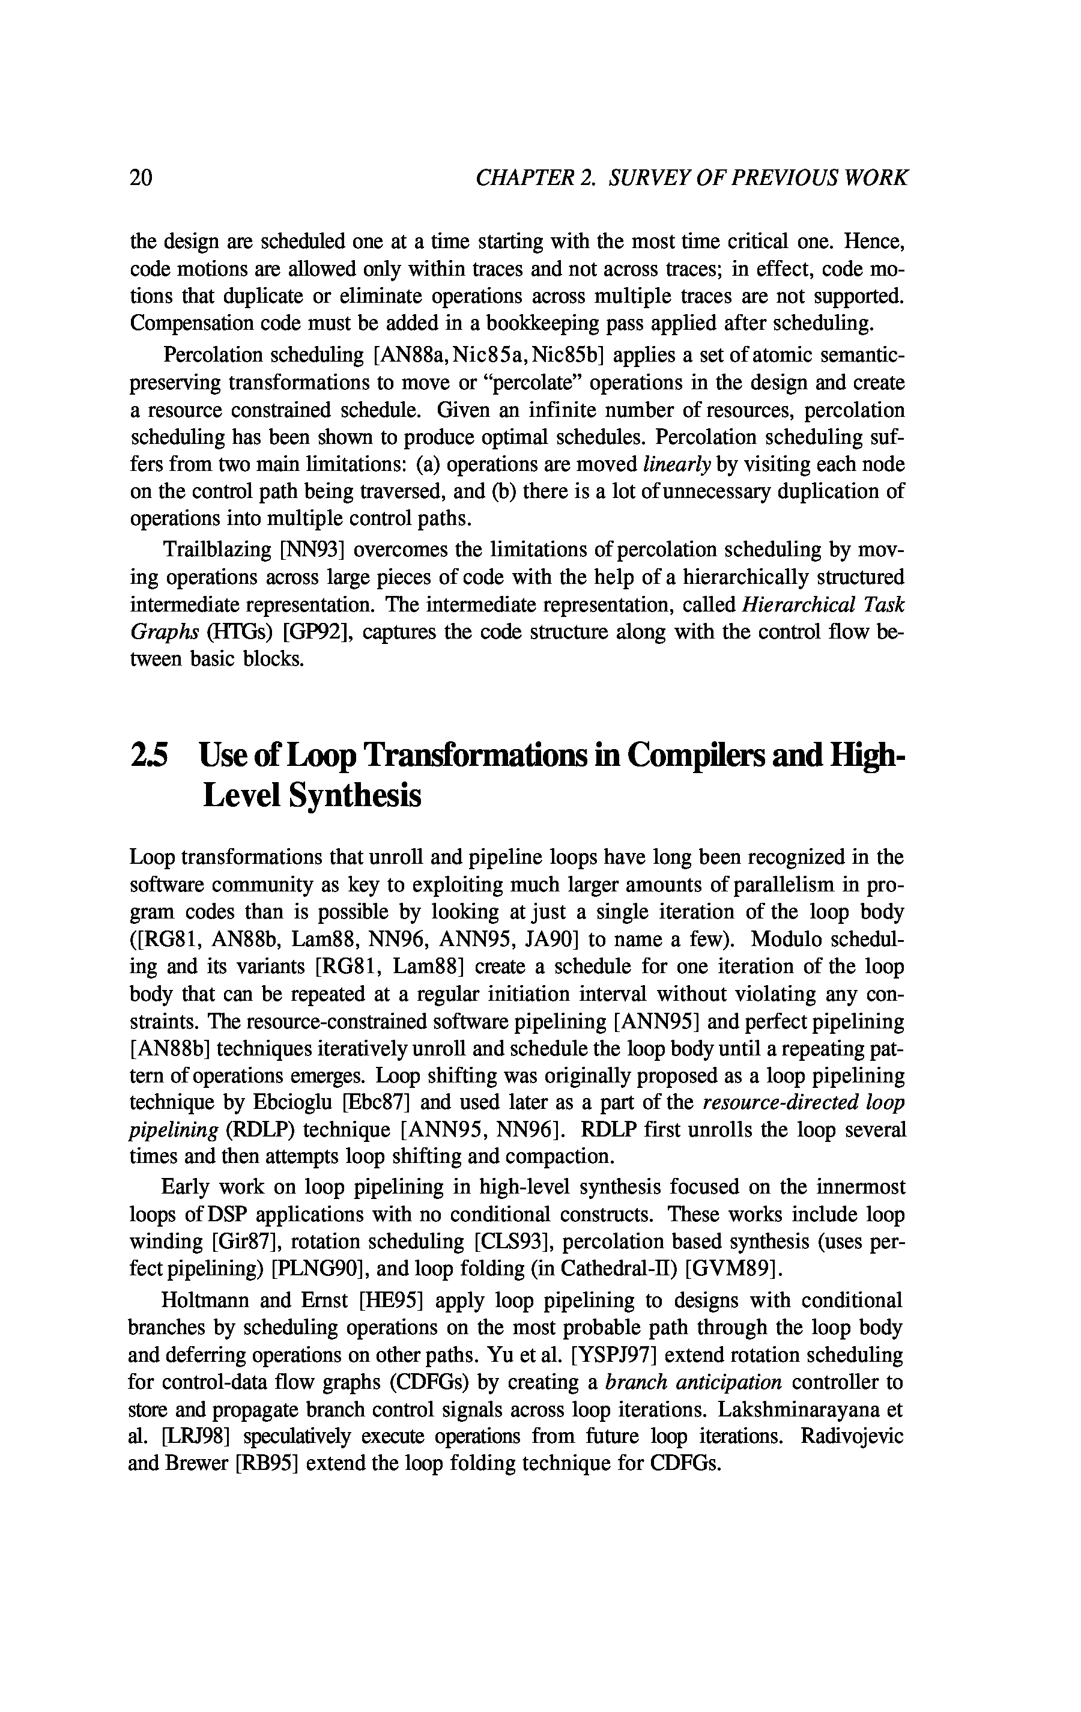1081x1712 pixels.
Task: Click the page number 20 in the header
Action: (x=141, y=177)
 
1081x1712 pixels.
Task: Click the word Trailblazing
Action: (x=217, y=550)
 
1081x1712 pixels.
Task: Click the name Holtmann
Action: (x=205, y=1301)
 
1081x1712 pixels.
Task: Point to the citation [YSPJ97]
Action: (x=614, y=1355)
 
